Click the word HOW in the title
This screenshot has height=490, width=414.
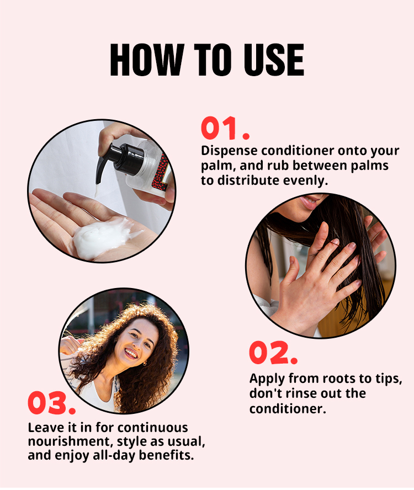point(147,60)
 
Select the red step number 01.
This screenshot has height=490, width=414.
point(225,128)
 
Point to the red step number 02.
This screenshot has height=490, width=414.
point(273,353)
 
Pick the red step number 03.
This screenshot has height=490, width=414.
point(51,403)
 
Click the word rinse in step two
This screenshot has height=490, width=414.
point(303,393)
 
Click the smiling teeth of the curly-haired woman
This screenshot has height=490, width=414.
point(131,354)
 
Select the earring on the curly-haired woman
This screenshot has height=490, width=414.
point(145,364)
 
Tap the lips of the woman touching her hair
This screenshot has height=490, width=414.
point(310,202)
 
